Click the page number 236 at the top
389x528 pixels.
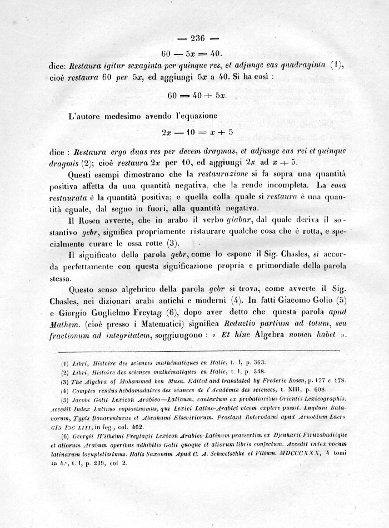[x=198, y=38]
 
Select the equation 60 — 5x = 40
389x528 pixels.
[x=192, y=54]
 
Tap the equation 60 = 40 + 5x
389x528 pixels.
[x=196, y=95]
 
